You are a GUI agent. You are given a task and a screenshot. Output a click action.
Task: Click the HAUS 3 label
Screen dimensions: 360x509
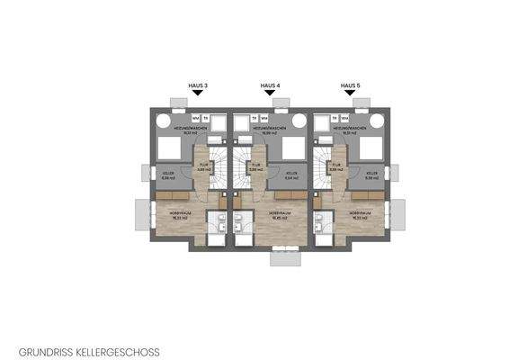[x=198, y=85]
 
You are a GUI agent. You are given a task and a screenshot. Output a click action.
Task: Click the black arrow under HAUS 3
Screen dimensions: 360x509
[x=198, y=93]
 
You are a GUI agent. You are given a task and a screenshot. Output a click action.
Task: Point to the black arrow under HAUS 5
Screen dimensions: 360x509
[x=349, y=93]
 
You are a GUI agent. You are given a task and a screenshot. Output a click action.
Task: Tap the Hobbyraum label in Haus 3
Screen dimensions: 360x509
[x=181, y=214]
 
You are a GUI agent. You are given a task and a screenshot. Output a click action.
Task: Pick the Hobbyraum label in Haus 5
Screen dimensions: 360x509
[x=361, y=214]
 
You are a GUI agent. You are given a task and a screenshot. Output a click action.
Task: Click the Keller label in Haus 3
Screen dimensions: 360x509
[x=166, y=175]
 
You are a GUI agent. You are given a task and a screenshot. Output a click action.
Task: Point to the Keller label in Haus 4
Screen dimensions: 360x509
[x=290, y=175]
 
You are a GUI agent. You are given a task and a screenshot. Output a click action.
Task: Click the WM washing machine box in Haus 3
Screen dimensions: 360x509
[x=195, y=118]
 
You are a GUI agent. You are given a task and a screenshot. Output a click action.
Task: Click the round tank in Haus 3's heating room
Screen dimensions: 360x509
[x=164, y=120]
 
